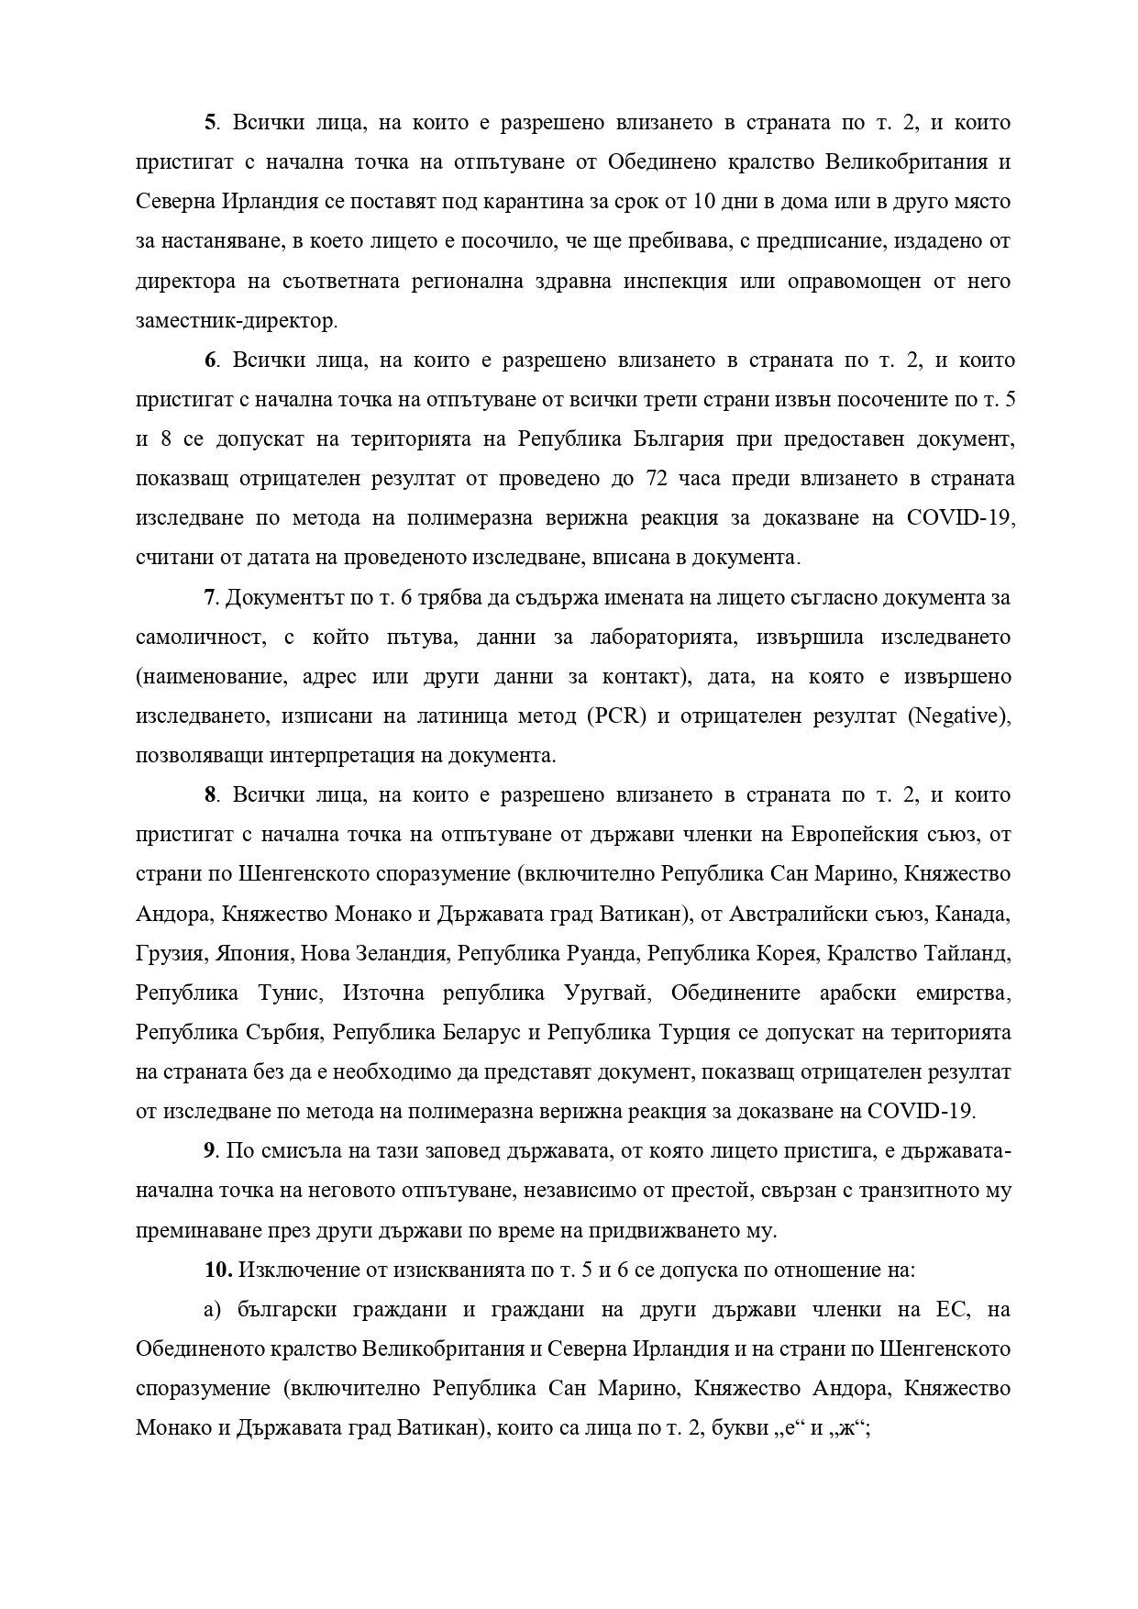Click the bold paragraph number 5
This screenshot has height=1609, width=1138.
click(x=209, y=123)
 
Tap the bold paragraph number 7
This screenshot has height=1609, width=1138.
click(x=209, y=598)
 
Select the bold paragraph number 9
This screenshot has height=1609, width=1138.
click(x=209, y=1151)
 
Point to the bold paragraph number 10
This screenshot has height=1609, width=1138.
click(x=218, y=1271)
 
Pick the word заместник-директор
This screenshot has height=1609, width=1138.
click(x=236, y=321)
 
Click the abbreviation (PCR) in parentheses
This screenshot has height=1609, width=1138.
click(x=615, y=716)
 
